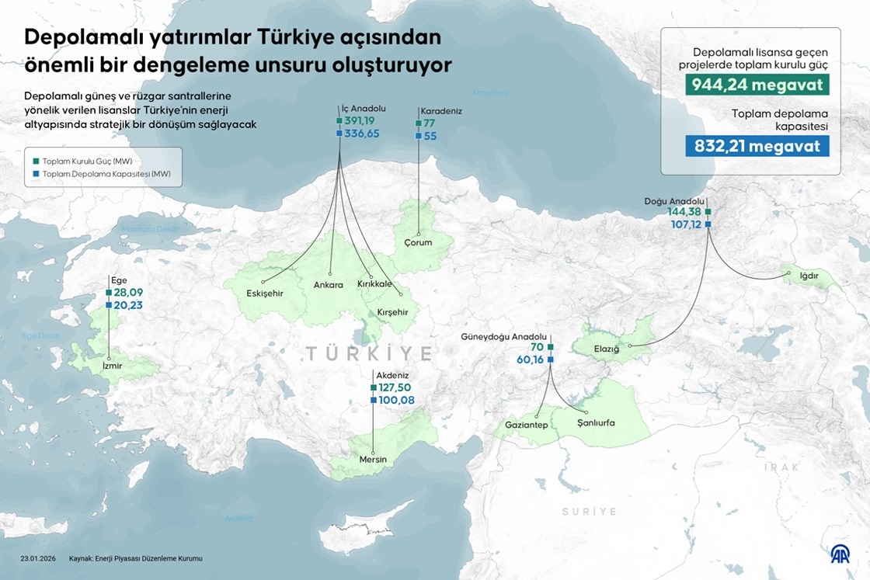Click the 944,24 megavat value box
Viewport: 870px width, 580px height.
746,85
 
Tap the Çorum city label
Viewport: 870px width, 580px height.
418,242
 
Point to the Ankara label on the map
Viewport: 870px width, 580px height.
328,285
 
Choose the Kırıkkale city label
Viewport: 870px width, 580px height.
374,284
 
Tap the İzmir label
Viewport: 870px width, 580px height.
113,366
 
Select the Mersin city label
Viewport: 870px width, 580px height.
373,460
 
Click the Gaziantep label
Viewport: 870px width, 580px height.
527,425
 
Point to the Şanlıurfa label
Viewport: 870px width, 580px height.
596,423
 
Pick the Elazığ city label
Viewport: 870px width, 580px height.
607,349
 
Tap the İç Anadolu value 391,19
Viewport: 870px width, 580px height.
361,121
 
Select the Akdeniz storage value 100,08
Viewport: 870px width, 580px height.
396,400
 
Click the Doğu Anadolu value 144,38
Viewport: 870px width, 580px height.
684,212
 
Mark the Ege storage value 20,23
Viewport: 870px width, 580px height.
127,306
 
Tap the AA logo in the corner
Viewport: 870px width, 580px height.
840,554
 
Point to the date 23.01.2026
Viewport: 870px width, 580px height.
39,558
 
